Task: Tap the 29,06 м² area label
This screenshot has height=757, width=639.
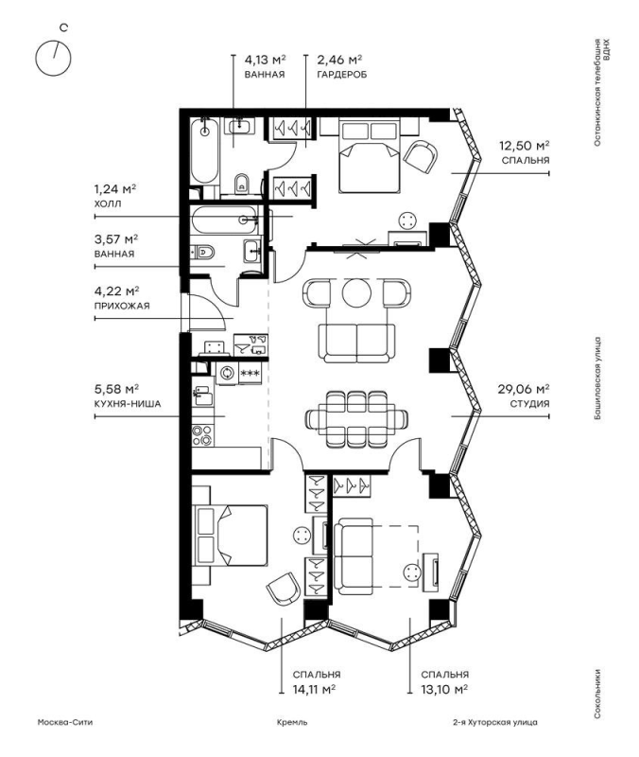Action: click(524, 389)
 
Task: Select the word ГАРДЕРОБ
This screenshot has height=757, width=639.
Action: click(341, 75)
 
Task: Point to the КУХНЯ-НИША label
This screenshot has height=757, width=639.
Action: click(128, 404)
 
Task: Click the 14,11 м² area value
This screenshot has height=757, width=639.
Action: click(314, 689)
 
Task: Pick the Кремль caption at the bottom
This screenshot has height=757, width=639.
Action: click(292, 722)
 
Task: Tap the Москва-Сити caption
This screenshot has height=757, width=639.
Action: click(65, 722)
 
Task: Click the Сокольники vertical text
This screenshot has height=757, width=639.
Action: click(598, 694)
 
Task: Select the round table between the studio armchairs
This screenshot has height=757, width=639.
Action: click(357, 292)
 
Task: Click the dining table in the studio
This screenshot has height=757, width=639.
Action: click(357, 418)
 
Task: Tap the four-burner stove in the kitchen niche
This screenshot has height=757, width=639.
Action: click(202, 435)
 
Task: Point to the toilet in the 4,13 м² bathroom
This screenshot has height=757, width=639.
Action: click(242, 184)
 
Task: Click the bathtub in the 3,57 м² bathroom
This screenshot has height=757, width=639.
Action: click(225, 220)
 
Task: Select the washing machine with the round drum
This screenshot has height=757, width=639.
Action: click(225, 373)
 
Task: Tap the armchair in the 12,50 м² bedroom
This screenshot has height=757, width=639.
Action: click(421, 157)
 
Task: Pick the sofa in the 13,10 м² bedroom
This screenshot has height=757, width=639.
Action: click(354, 556)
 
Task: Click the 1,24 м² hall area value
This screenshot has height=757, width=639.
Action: click(114, 188)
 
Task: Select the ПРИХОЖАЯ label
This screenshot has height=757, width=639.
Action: click(122, 306)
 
